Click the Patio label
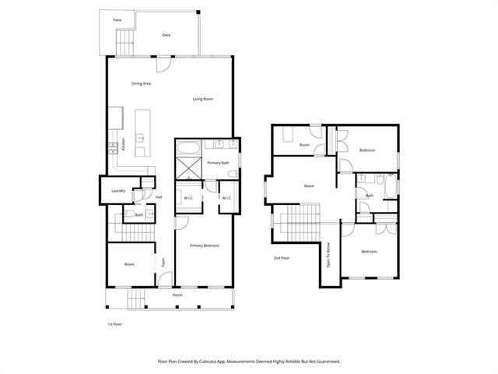117,19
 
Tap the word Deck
166,35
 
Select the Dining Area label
141,83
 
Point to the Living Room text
203,99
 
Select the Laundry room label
118,190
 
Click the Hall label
159,197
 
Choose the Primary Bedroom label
204,245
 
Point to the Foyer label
163,263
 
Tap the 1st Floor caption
115,323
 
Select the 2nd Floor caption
281,257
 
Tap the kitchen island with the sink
142,136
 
